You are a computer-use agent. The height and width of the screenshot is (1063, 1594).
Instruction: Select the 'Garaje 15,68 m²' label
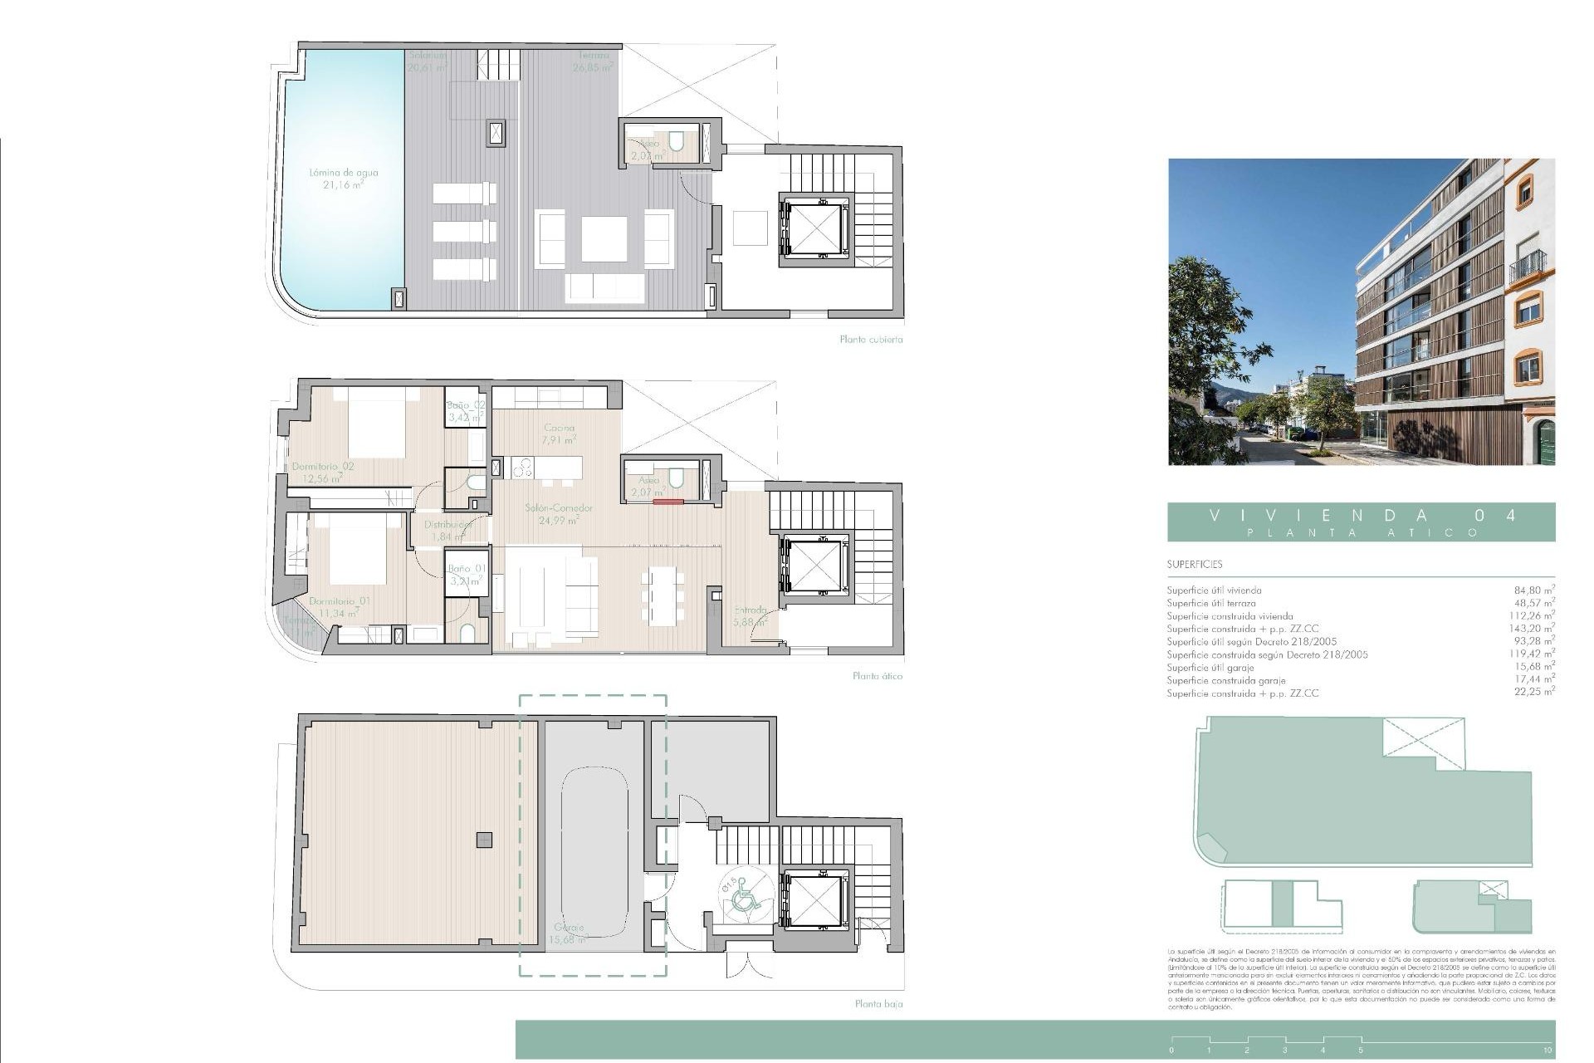click(569, 933)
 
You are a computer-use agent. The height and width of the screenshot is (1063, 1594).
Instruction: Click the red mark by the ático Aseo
click(667, 502)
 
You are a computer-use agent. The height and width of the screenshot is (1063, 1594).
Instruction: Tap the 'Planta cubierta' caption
click(871, 340)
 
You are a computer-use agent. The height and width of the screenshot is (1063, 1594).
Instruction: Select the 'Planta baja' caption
click(878, 1004)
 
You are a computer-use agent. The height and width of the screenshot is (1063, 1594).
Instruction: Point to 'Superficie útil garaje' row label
click(1210, 668)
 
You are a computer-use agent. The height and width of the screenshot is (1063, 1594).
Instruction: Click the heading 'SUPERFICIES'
click(1194, 565)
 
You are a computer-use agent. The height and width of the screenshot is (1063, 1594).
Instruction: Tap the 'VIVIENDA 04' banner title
click(1362, 515)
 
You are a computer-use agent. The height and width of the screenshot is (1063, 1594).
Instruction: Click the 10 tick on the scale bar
click(1547, 1051)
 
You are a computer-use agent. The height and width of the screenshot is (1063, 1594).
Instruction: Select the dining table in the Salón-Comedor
click(663, 595)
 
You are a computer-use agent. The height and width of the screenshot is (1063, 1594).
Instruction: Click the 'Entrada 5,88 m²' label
click(751, 615)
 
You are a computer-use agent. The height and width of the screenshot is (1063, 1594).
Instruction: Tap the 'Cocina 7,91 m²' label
click(559, 434)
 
